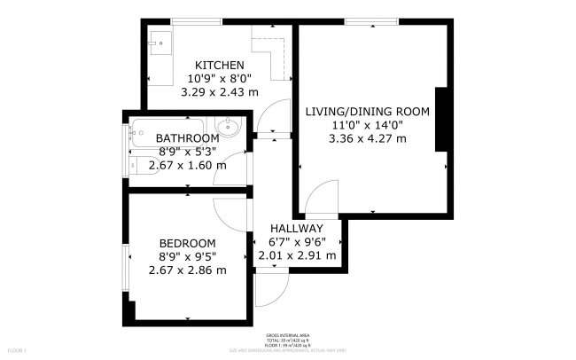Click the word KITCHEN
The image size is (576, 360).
(x=220, y=65)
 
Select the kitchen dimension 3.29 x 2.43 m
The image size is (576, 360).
(x=220, y=91)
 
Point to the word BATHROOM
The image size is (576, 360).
(x=187, y=138)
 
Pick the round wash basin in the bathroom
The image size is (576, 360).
(x=230, y=127)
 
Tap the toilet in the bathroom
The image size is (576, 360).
(x=142, y=165)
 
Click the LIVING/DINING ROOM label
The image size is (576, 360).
(x=367, y=112)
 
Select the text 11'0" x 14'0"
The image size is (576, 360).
(x=367, y=125)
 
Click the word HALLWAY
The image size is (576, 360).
(x=297, y=229)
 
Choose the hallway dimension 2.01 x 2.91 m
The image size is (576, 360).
(x=297, y=255)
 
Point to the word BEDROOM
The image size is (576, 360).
(x=187, y=244)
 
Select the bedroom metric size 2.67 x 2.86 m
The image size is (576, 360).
(x=187, y=270)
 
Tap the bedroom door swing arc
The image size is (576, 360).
(x=233, y=209)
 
